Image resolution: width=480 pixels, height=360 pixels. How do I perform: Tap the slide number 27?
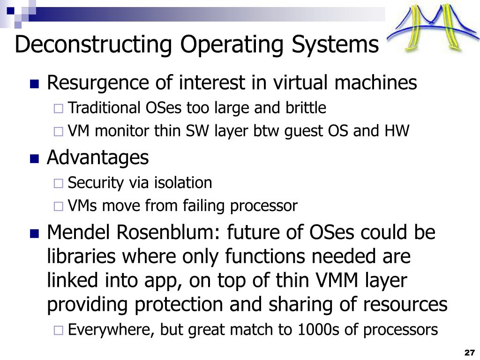469,352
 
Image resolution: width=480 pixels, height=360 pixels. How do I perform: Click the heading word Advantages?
97,157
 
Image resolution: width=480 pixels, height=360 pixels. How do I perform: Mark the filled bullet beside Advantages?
34,159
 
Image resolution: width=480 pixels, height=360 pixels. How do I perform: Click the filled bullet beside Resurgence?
34,84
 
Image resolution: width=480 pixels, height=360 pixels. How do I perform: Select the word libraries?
82,256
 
